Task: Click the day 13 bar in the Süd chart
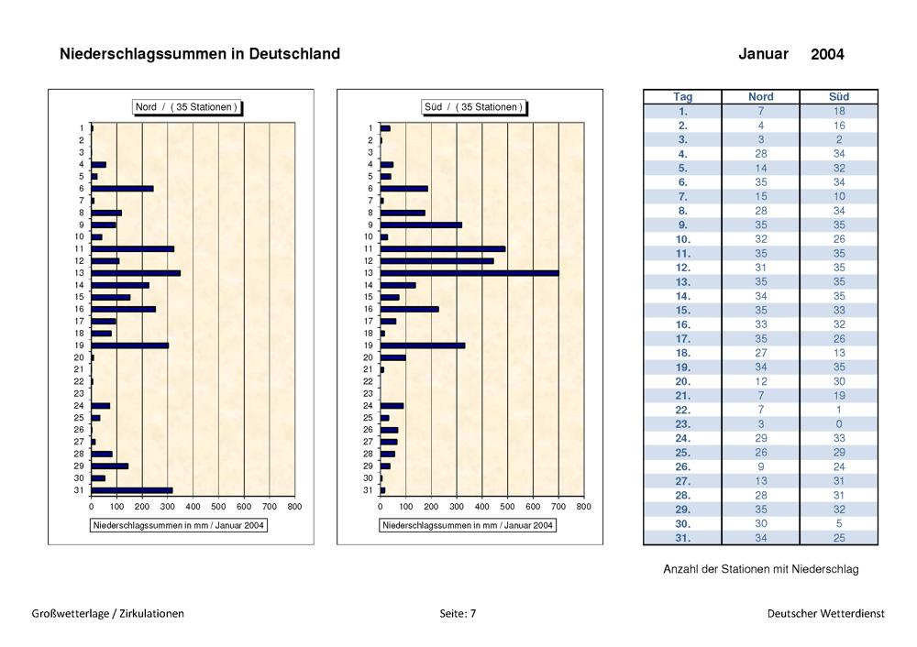click(x=470, y=273)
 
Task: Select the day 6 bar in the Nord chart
click(x=122, y=189)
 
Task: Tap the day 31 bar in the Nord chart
click(x=132, y=490)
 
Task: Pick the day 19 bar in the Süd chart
click(x=423, y=345)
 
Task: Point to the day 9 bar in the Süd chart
click(x=421, y=225)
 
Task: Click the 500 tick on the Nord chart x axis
click(x=218, y=507)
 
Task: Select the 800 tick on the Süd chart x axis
click(x=583, y=507)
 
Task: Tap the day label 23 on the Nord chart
click(x=79, y=393)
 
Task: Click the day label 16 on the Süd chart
click(x=368, y=309)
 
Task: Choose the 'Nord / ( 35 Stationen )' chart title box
click(x=186, y=107)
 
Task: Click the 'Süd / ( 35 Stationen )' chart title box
click(x=473, y=107)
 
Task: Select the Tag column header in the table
click(x=682, y=97)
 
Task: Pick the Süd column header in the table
click(x=839, y=97)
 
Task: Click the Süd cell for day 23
click(x=839, y=424)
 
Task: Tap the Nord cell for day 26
click(x=761, y=467)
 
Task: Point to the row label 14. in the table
click(x=682, y=296)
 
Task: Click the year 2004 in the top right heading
click(x=827, y=54)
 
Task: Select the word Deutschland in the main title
click(x=294, y=54)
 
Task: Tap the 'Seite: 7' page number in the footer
click(x=458, y=614)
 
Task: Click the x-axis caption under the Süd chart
click(x=468, y=525)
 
